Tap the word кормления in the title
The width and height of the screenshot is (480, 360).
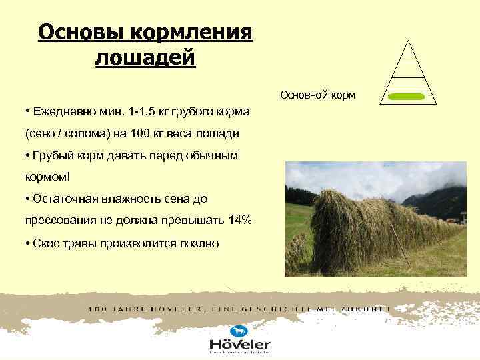(193, 31)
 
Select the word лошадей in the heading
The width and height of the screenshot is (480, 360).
(145, 57)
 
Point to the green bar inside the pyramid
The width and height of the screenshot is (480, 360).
(406, 97)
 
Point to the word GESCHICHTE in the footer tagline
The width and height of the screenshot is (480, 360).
(282, 309)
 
